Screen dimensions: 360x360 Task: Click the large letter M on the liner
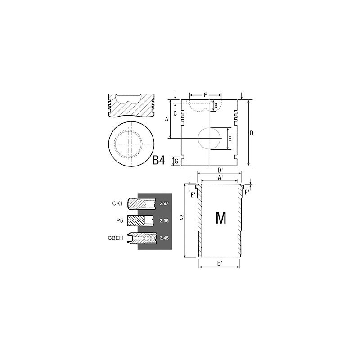pos(220,218)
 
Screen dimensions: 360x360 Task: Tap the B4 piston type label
pos(159,160)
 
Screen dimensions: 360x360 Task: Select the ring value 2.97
pos(163,204)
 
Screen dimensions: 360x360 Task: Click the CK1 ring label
pos(117,204)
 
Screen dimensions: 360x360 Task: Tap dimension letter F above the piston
pos(205,95)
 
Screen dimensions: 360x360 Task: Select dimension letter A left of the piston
pos(166,119)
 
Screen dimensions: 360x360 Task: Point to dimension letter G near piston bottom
pos(177,160)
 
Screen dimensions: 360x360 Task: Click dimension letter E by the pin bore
pos(229,139)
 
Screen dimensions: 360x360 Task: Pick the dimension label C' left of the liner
pos(181,218)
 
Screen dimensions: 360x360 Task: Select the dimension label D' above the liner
pos(220,170)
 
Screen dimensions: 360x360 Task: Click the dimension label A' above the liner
pos(220,178)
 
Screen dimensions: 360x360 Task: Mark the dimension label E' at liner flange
pos(193,194)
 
